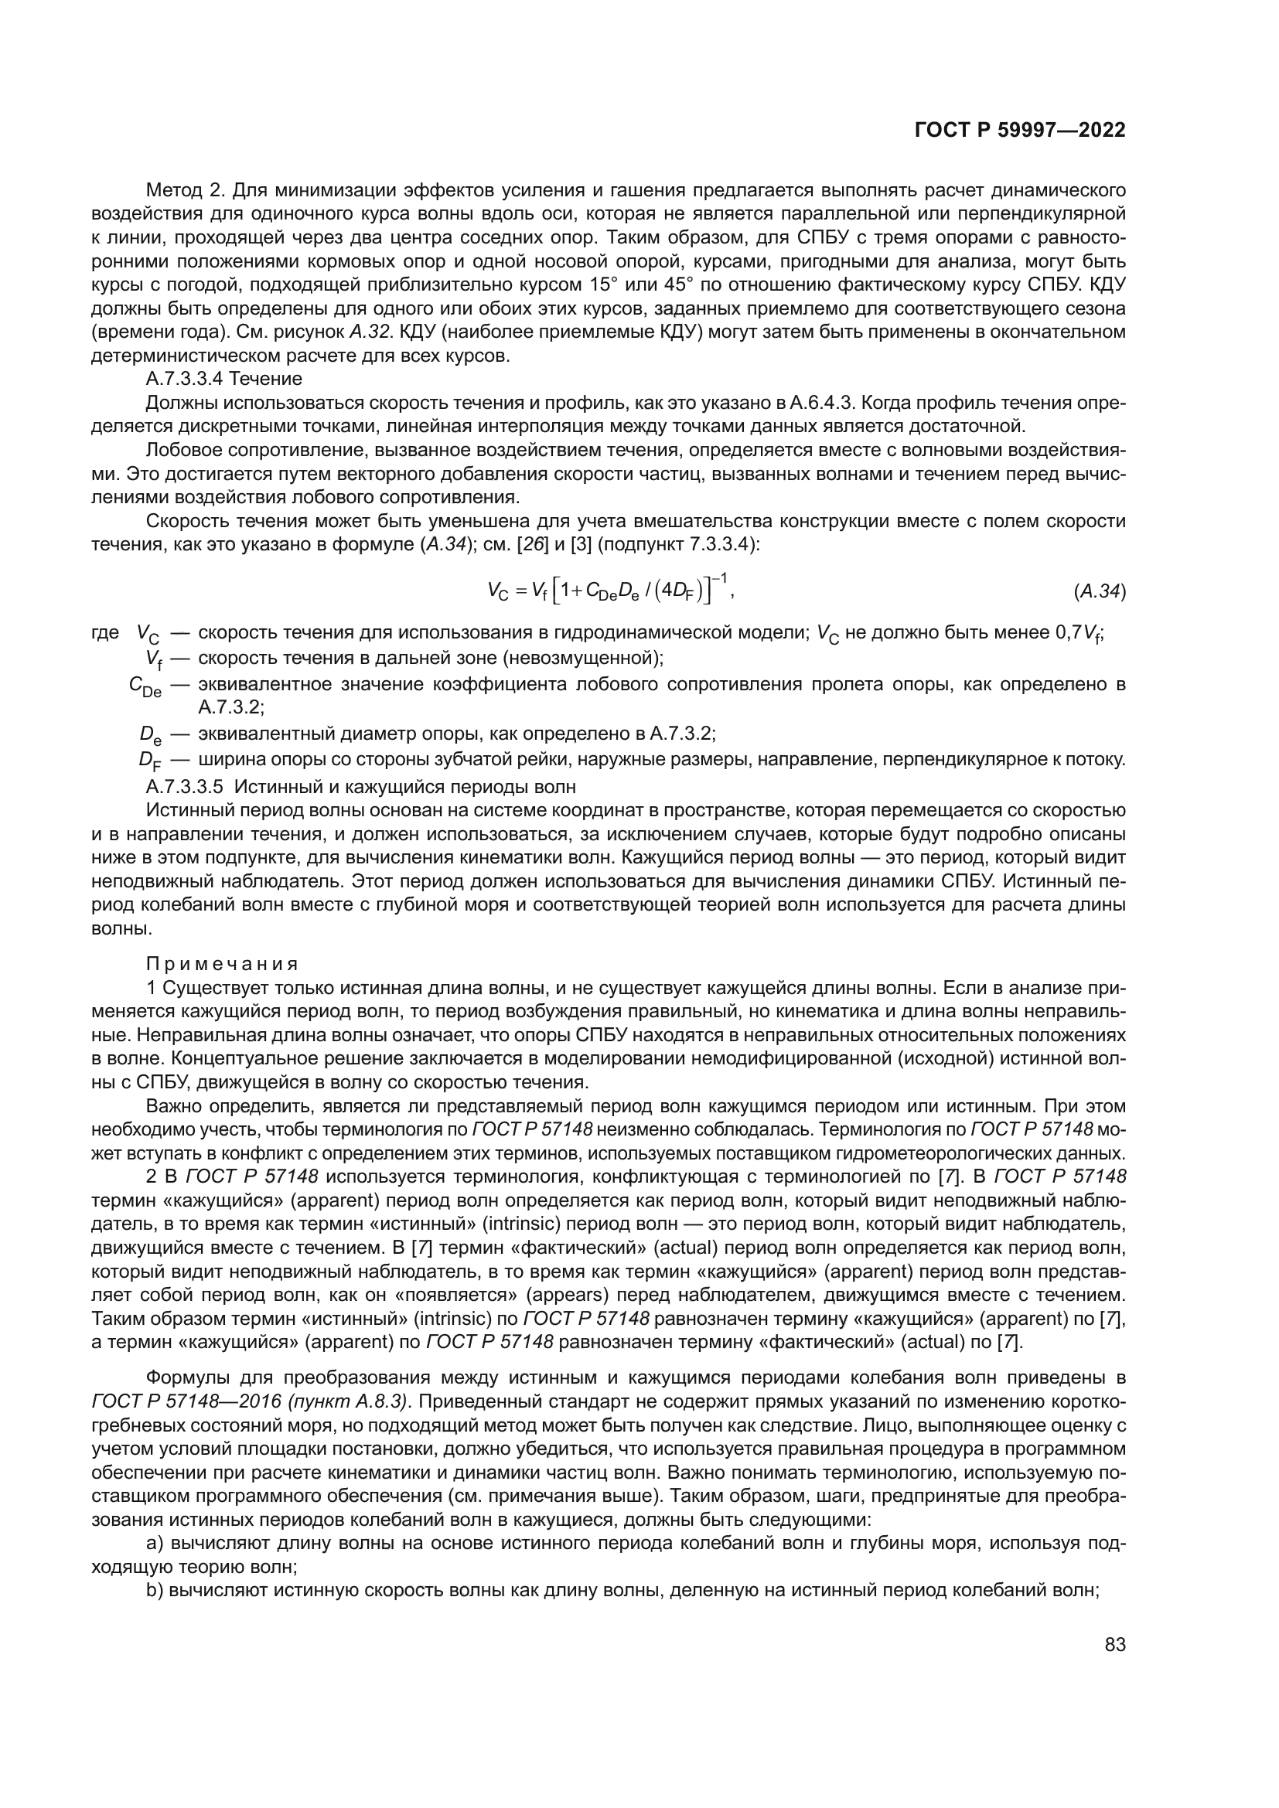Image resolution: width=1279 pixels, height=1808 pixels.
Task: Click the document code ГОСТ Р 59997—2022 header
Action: pyautogui.click(x=1020, y=130)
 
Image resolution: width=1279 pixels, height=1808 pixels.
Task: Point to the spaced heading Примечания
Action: pyautogui.click(x=223, y=964)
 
